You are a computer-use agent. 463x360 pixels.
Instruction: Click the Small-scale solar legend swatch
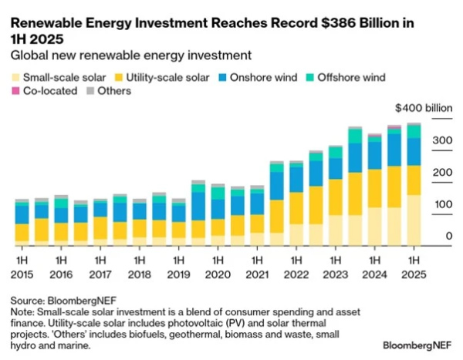[15, 77]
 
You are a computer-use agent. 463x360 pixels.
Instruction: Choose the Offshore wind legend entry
[346, 77]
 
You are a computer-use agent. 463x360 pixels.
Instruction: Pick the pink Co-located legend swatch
[15, 91]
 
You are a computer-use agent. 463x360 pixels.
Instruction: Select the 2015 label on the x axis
[22, 274]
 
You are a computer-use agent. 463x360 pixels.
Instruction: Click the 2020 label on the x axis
[218, 274]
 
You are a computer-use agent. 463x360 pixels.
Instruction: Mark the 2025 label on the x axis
[414, 274]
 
